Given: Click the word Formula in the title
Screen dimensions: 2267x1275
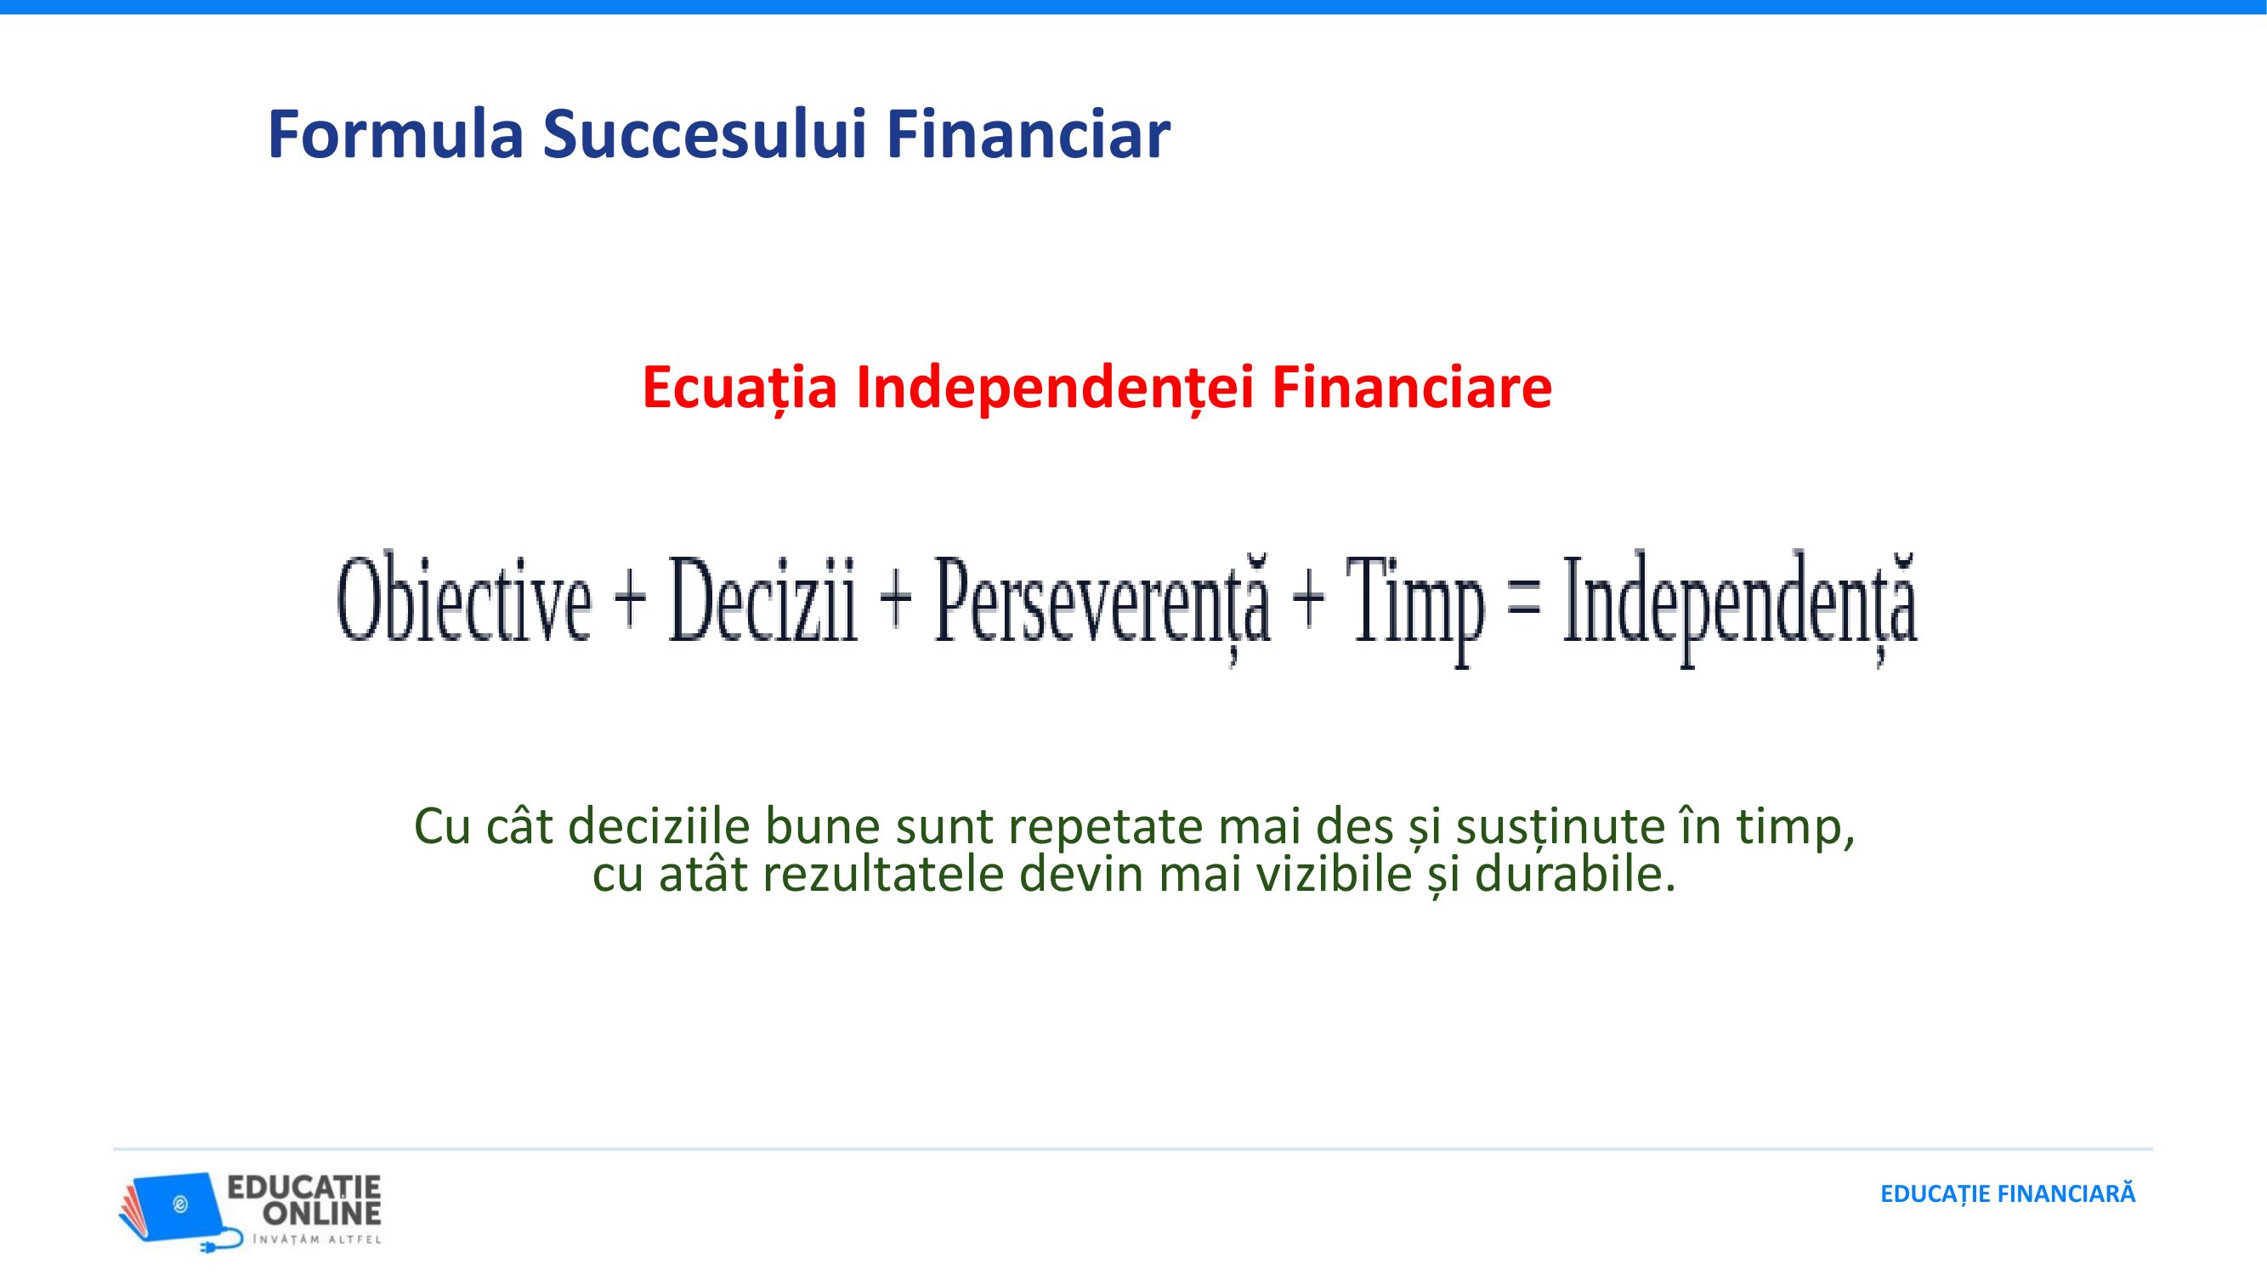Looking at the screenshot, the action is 395,134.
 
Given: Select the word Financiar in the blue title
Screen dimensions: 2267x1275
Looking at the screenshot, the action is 1028,134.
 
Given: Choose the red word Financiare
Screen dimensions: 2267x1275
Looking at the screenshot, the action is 1412,388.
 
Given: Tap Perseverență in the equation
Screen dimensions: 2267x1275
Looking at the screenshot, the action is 1102,607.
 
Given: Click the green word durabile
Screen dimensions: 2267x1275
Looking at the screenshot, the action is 1575,875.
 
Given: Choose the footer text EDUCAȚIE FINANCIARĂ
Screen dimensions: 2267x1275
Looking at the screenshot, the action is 2009,1194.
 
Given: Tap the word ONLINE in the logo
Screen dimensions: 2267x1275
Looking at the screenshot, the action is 322,1215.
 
